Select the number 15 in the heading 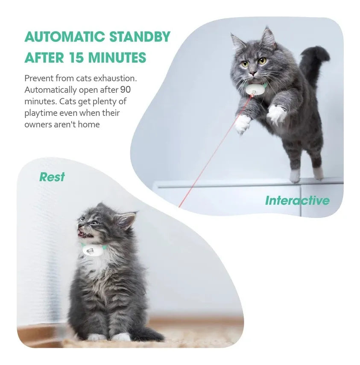(x=71, y=57)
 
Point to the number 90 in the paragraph (x=125, y=90)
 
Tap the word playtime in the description (x=42, y=113)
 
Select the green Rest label (x=52, y=177)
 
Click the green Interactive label (x=297, y=200)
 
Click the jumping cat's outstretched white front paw (x=243, y=124)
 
